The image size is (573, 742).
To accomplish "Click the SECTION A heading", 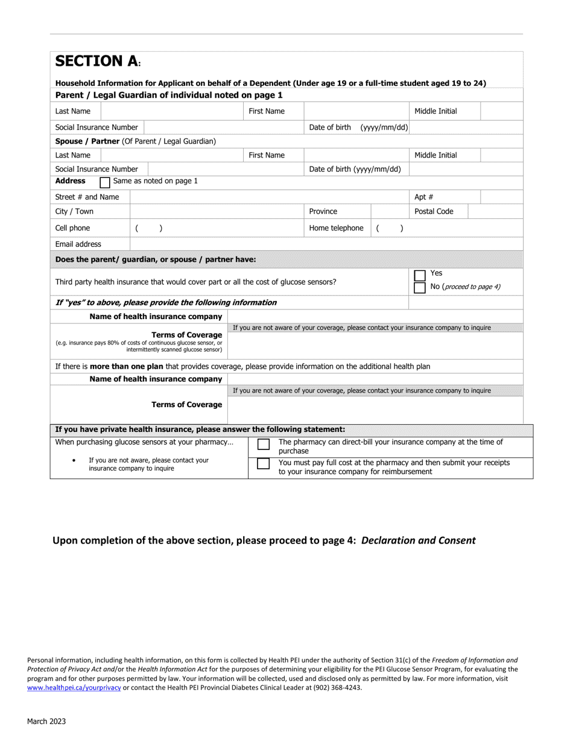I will coord(97,62).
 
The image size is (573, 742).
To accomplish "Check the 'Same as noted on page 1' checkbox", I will coord(105,182).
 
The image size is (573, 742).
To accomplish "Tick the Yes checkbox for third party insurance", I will coord(420,275).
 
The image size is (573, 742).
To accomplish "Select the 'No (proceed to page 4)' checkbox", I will coord(420,287).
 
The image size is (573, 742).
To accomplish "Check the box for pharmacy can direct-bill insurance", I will coord(264,445).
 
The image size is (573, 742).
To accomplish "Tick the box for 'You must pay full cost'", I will coord(264,465).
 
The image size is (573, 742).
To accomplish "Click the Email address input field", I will coord(326,244).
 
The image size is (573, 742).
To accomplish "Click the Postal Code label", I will coord(434,212).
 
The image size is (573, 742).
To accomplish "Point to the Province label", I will coord(323,212).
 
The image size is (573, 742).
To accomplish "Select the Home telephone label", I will coord(336,228).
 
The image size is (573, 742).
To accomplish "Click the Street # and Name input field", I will coord(268,197).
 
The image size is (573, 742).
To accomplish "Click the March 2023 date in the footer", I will coord(46,721).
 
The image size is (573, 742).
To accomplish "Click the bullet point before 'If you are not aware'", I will coord(74,460).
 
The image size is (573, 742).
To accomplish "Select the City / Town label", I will coord(74,212).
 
